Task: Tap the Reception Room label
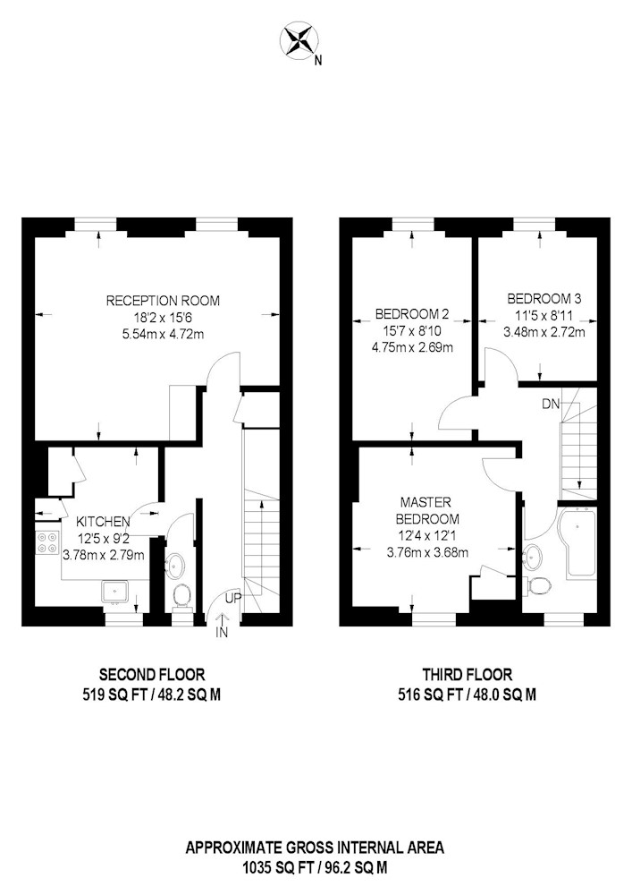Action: click(163, 301)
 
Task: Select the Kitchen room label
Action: click(103, 521)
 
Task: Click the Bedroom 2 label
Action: click(412, 314)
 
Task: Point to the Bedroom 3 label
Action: click(544, 299)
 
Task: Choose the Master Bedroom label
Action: click(427, 511)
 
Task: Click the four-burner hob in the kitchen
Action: click(48, 542)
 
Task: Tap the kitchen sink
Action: click(116, 592)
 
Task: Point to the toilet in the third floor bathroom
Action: click(538, 584)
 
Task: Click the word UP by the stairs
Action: click(233, 598)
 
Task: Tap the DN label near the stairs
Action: click(551, 405)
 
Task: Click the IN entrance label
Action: click(222, 633)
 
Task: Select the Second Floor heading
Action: click(152, 675)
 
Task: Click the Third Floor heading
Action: click(468, 675)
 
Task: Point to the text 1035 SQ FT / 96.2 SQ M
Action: click(316, 868)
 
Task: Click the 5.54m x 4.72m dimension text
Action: click(163, 334)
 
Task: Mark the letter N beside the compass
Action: click(318, 60)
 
